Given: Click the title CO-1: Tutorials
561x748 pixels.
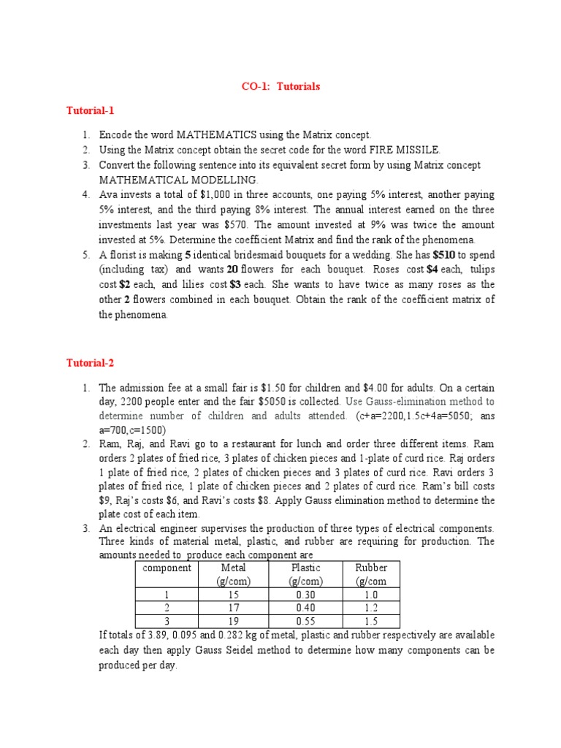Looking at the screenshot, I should point(280,86).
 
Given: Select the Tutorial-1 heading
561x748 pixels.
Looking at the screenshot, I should point(90,110).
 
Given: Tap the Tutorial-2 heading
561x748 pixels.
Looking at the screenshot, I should point(90,363).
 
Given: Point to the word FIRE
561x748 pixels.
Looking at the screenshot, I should point(378,150).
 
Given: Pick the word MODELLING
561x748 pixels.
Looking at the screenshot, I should point(220,180).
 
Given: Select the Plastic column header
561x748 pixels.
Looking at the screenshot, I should point(305,568).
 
